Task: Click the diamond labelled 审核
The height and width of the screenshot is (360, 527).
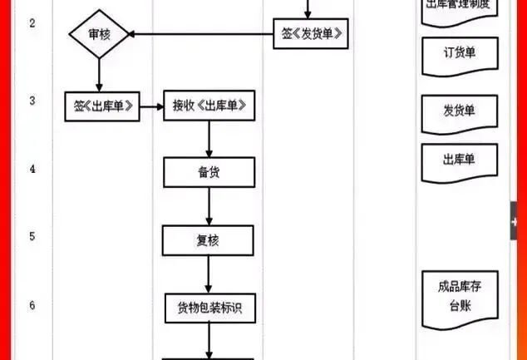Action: tap(99, 36)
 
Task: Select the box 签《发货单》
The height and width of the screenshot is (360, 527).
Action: tap(310, 34)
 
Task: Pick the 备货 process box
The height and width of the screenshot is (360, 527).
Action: tap(208, 173)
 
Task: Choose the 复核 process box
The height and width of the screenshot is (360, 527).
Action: tap(208, 240)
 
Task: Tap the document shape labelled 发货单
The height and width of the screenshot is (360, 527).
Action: tap(459, 111)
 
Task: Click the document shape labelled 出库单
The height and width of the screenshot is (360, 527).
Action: tap(459, 160)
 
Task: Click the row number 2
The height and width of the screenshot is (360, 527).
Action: tap(32, 22)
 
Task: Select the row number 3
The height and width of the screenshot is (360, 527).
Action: tap(32, 101)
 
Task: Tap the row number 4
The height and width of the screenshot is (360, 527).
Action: tap(32, 169)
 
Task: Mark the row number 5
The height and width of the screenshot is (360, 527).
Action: tap(32, 236)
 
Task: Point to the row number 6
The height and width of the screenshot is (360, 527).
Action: tap(32, 305)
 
